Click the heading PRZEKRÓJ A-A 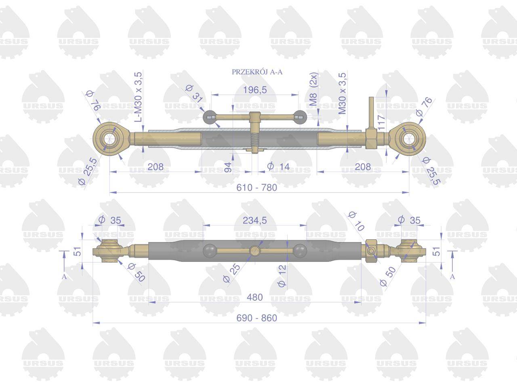tap(257, 72)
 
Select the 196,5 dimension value tap(255, 90)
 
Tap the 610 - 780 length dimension tap(257, 188)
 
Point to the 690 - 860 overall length tap(257, 318)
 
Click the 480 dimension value tap(254, 297)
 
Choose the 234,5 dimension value tap(254, 220)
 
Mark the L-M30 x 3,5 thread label tap(138, 97)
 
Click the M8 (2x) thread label tap(313, 89)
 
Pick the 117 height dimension tap(381, 122)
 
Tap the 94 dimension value tap(228, 167)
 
